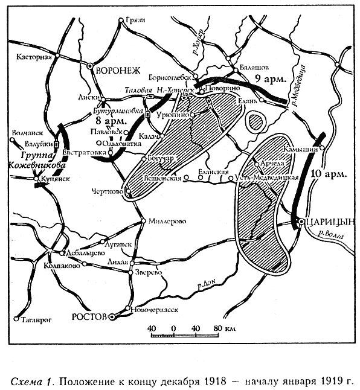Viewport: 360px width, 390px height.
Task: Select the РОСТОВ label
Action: pos(88,315)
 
